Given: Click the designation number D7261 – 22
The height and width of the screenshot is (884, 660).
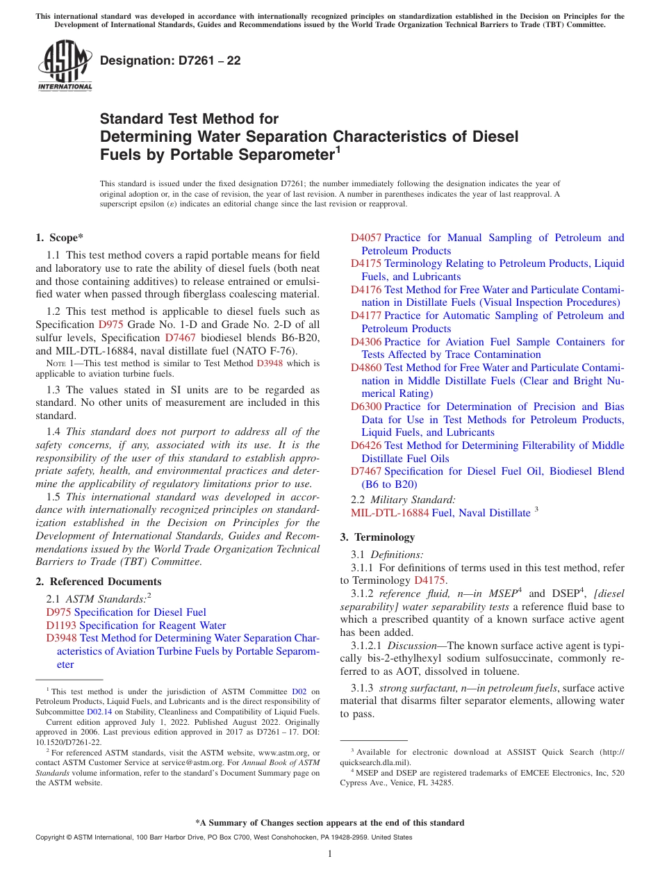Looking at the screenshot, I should [170, 60].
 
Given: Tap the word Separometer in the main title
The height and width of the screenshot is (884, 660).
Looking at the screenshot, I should [278, 154].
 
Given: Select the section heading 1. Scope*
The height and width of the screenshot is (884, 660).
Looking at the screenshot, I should [60, 237].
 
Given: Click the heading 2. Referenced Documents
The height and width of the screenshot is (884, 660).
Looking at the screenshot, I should [98, 582].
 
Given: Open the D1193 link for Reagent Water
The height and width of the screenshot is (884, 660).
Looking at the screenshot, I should [58, 625].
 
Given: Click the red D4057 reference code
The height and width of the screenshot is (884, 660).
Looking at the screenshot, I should [365, 238].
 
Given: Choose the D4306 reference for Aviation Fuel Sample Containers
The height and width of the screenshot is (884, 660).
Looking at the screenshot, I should [365, 341].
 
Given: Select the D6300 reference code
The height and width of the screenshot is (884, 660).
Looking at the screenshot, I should [365, 407].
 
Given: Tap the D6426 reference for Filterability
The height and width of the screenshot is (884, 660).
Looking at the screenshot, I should [365, 445].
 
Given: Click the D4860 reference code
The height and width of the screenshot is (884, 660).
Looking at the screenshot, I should [365, 368].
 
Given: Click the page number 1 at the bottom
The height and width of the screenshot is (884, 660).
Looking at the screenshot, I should [330, 853].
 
